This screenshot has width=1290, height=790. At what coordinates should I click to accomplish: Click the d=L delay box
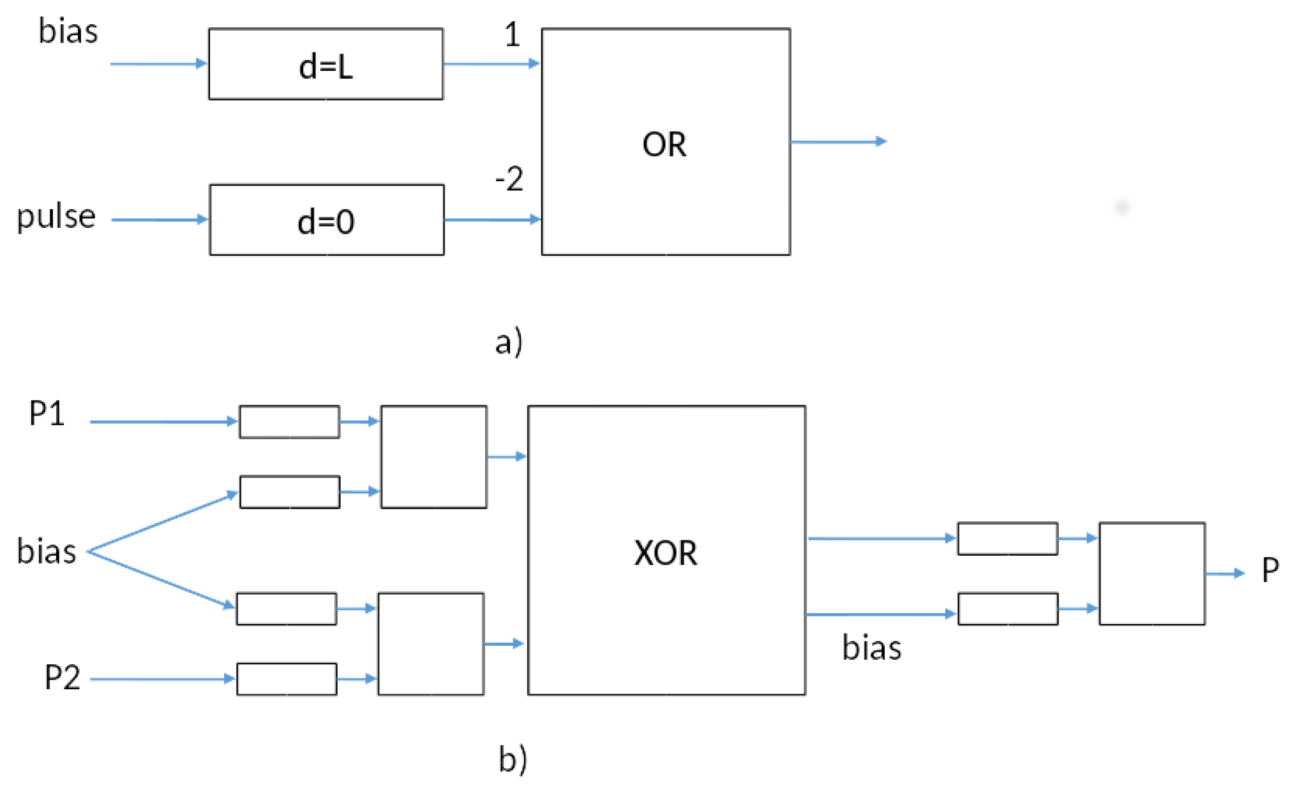(x=326, y=64)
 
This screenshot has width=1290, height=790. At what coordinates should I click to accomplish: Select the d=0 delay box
(x=326, y=220)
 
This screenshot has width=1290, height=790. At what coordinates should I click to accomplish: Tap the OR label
(x=664, y=144)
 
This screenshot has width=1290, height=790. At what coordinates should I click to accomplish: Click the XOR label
(x=665, y=553)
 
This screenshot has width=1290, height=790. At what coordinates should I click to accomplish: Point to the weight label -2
(x=509, y=179)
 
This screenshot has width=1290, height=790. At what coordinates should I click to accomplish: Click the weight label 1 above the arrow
(x=512, y=34)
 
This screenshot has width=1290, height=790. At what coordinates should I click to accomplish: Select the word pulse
(x=56, y=216)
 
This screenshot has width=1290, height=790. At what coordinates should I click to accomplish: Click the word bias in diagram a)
(x=68, y=31)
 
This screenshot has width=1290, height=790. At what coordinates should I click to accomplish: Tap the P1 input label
(x=47, y=414)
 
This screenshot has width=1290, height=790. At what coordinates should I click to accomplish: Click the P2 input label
(x=62, y=677)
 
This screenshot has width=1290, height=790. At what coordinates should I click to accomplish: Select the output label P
(x=1270, y=569)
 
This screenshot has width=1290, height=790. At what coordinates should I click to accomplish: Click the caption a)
(x=509, y=341)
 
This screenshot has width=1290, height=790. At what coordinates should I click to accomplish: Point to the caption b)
(x=513, y=759)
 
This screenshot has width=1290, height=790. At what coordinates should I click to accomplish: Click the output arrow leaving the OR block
(x=837, y=142)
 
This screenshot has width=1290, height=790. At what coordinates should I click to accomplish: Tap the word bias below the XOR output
(x=871, y=648)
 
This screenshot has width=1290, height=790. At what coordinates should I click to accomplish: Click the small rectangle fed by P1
(x=289, y=422)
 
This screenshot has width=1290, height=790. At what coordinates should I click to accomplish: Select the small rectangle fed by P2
(x=287, y=679)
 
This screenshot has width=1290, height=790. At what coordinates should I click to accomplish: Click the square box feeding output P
(x=1151, y=573)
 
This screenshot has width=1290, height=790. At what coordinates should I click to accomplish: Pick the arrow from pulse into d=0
(x=160, y=220)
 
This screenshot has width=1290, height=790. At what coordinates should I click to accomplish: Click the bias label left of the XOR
(x=46, y=551)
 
